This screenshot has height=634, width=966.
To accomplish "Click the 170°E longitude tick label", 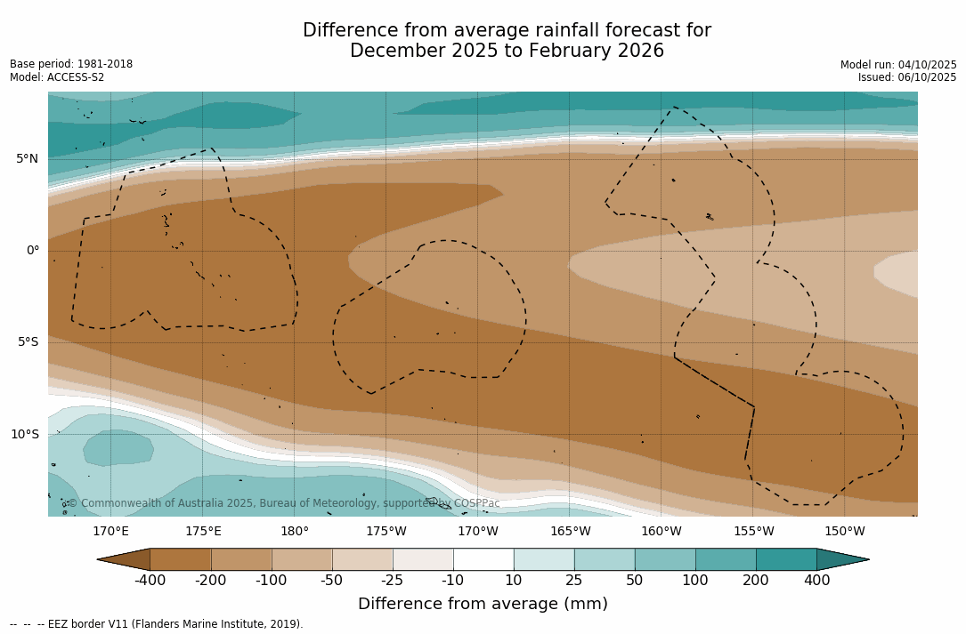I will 110,532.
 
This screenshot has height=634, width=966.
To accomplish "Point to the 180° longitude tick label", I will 295,532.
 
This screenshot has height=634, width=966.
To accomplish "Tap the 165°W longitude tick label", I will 570,532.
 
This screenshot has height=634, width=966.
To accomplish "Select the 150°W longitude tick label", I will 845,532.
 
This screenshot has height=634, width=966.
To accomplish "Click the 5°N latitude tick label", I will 27,159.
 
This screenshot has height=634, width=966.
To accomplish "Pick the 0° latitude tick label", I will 32,251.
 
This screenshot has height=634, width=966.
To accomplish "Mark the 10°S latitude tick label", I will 24,435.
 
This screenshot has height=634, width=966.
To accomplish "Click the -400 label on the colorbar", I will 150,581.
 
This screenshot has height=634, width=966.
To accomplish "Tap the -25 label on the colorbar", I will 393,581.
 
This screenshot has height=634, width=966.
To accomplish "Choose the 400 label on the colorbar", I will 816,581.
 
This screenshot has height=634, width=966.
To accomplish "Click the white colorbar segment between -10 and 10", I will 483,559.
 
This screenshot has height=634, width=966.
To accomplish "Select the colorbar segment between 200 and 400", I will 786,559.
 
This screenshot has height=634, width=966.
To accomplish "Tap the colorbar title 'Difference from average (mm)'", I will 483,605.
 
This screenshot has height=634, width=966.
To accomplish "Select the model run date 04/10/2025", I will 927,65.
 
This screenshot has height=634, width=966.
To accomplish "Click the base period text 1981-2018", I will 104,64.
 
